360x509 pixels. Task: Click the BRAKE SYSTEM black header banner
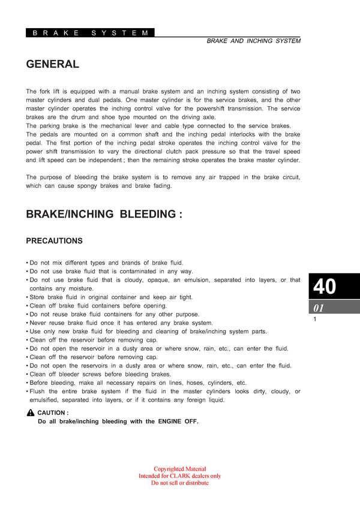[90, 33]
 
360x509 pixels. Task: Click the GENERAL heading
[52, 64]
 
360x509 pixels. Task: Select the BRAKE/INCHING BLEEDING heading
[104, 214]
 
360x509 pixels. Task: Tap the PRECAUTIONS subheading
[54, 241]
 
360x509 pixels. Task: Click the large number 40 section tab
[325, 287]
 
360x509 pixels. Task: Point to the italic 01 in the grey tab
[319, 308]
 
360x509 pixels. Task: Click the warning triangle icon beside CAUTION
[31, 413]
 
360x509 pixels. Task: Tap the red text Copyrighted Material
[180, 469]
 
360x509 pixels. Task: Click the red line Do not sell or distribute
[180, 483]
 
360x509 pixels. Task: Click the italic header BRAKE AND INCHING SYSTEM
[253, 41]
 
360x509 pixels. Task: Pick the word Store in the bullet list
[37, 297]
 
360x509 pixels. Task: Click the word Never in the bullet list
[38, 323]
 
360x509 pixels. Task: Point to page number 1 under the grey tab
[314, 320]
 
